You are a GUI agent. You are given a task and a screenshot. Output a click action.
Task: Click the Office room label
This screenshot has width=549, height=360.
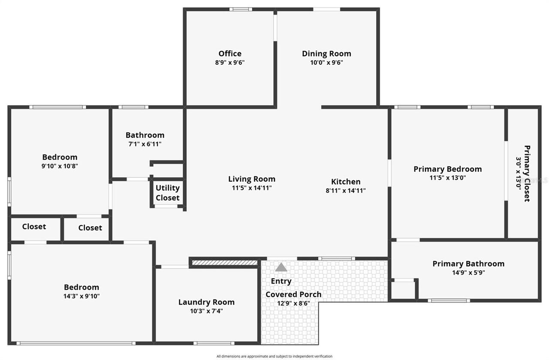[230, 54]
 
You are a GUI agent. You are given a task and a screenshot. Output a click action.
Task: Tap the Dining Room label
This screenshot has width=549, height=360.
[326, 54]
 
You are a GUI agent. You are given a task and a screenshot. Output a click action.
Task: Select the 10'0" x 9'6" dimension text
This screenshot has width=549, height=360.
[326, 62]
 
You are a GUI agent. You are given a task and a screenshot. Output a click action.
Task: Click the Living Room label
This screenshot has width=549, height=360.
[252, 179]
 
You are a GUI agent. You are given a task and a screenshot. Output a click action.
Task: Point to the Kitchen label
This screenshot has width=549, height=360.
[346, 182]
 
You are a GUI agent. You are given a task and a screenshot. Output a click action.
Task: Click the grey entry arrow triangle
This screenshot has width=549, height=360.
[281, 267]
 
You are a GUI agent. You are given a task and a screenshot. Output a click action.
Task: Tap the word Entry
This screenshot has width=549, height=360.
[281, 281]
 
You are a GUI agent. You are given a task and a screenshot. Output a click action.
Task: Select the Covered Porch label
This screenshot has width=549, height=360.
[293, 294]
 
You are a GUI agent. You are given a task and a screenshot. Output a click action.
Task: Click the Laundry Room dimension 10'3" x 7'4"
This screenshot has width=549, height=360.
[206, 311]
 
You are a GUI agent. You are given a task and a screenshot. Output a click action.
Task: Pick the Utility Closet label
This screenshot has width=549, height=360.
[168, 193]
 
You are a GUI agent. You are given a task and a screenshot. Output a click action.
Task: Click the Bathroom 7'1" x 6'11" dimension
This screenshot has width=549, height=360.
[145, 144]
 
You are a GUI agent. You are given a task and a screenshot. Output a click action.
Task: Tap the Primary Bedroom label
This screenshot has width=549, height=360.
[447, 169]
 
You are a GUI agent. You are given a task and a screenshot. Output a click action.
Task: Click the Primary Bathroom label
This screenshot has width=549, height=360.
[468, 263]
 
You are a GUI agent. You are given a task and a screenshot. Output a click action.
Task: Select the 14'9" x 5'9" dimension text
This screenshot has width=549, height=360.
[468, 272]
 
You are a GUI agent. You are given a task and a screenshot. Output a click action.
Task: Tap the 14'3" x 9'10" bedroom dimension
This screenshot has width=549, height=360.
[81, 296]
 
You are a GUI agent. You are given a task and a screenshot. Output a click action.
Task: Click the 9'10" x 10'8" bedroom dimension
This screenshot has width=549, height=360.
[60, 166]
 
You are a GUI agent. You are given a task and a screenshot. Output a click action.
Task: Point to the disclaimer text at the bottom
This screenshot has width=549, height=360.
[274, 356]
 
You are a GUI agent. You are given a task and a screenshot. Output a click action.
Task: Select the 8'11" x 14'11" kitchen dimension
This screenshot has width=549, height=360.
[346, 191]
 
